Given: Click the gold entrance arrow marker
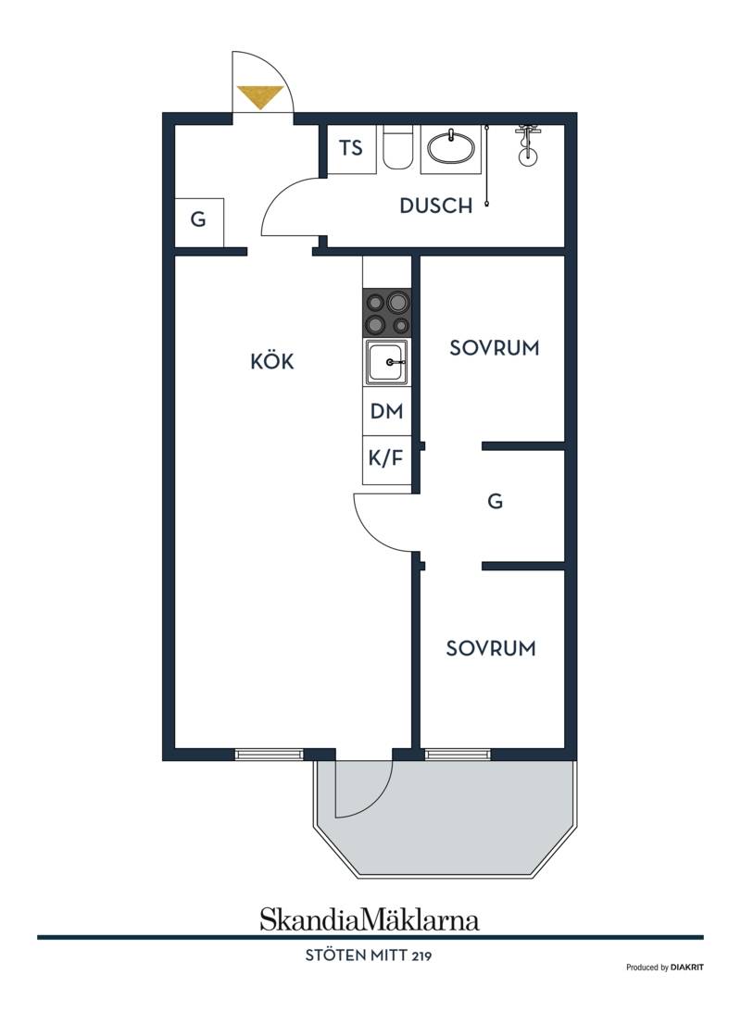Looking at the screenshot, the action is [260, 97].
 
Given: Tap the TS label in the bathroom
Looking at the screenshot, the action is [351, 148].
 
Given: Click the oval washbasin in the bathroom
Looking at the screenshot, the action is [451, 147].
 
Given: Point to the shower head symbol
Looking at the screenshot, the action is [527, 145].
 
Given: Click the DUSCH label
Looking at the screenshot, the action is [436, 206].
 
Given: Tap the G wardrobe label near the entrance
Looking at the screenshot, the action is [198, 219].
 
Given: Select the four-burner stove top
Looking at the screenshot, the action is [387, 314].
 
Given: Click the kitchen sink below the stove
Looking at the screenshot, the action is [386, 362].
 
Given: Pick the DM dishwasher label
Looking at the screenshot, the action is [387, 411].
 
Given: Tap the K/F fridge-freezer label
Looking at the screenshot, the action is [386, 457].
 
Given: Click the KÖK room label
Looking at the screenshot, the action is [272, 361].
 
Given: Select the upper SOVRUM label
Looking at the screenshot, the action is [495, 347].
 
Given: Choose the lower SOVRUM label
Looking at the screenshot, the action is [491, 648].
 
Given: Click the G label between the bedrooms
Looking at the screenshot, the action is [496, 502].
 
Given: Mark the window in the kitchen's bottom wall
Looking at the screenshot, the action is [270, 755].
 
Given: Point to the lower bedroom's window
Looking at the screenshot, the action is [458, 755].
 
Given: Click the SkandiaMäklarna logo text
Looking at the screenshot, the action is [370, 918].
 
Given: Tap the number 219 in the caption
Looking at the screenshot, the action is [421, 955].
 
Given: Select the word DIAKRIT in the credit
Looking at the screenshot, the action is [687, 968].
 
